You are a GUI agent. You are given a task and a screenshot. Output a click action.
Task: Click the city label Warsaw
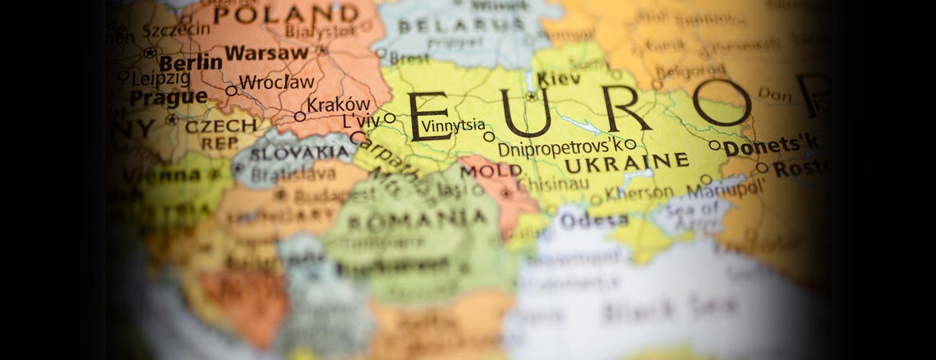point(266,54)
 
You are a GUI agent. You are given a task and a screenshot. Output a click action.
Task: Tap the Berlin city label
point(190,62)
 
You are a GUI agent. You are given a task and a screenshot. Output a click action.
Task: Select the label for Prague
point(168,98)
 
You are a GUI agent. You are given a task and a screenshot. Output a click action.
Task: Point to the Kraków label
point(338,105)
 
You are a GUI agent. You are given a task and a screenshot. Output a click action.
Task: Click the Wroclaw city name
point(277,82)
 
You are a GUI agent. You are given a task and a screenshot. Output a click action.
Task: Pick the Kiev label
point(558,79)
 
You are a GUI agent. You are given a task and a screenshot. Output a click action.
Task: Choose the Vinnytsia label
point(453,125)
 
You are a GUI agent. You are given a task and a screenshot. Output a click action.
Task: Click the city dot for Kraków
point(300,116)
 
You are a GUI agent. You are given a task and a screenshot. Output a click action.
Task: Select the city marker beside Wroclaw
point(231,90)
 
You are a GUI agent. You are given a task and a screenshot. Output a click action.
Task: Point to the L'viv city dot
point(390,118)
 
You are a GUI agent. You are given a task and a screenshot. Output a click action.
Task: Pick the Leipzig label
point(162,78)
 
